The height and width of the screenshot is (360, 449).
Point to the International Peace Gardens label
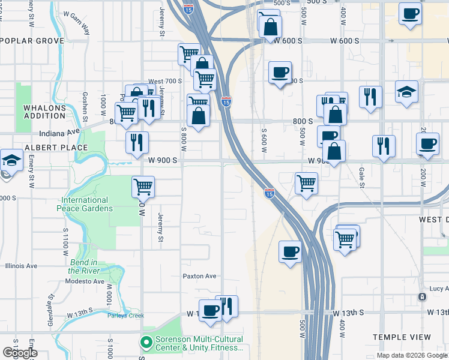point(85,204)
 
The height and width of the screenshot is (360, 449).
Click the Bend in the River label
point(84,266)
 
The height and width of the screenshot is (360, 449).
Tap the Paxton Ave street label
point(199,276)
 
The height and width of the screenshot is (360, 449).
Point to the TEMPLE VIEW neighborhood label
point(402,337)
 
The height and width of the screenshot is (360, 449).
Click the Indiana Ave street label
point(59,134)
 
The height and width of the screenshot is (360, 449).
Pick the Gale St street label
point(361,178)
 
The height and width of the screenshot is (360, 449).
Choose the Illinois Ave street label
point(21,266)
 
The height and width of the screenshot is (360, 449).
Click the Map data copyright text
point(411,355)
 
